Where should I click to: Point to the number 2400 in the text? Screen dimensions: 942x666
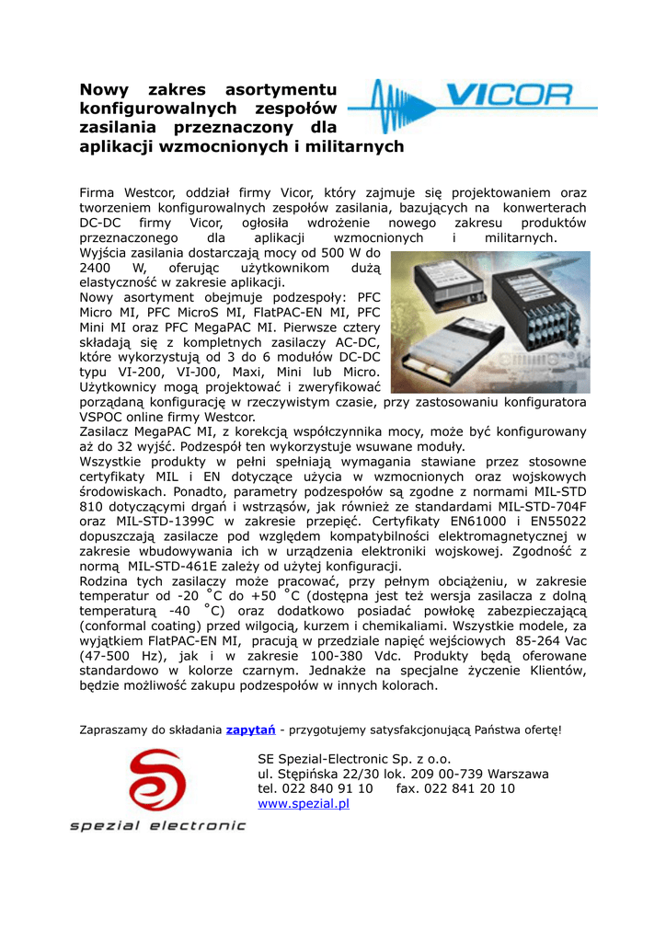[x=98, y=268]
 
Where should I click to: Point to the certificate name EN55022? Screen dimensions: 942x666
[x=552, y=520]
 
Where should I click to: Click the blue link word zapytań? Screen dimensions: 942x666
[x=250, y=730]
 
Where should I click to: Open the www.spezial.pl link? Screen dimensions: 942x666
[x=304, y=803]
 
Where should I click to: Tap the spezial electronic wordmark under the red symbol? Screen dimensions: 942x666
[x=158, y=826]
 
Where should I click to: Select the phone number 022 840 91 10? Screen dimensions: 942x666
[x=327, y=788]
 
